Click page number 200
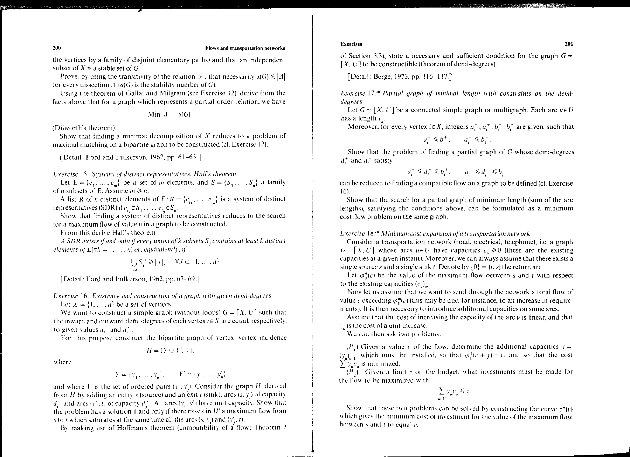click(x=57, y=48)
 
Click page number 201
click(x=569, y=44)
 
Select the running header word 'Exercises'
click(x=351, y=44)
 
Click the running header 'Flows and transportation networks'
click(x=245, y=48)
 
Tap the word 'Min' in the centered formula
click(x=154, y=115)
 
